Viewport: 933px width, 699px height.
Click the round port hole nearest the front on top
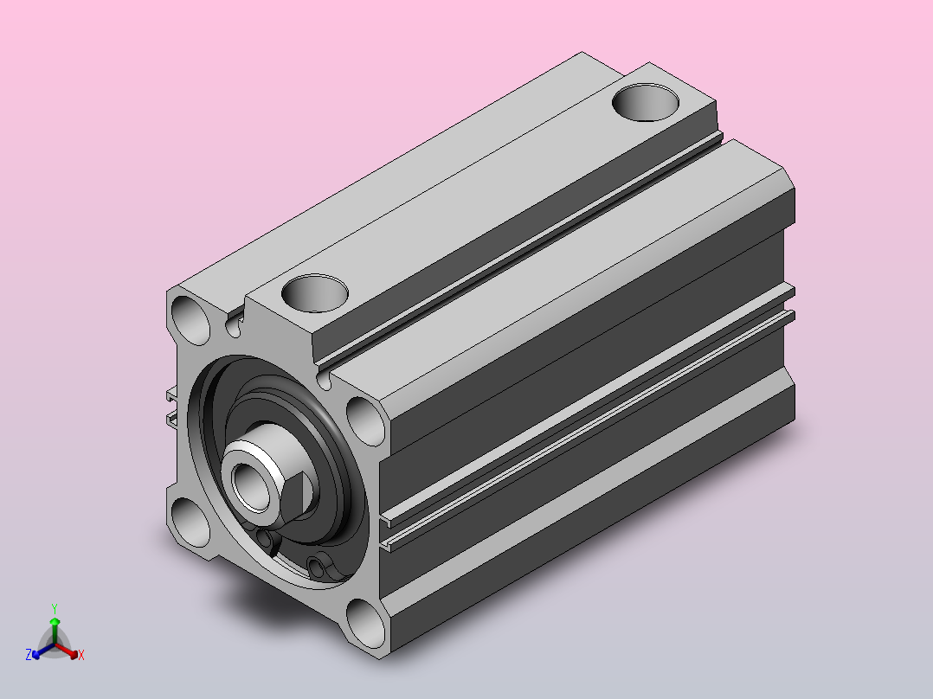pos(315,292)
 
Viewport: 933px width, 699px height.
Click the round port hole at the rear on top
pos(646,102)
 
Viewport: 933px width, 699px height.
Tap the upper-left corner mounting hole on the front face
pos(190,320)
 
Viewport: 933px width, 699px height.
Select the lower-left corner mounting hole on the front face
pos(191,523)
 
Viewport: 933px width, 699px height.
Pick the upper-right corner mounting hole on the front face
pos(365,421)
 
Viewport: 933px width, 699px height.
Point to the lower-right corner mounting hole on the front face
pos(366,624)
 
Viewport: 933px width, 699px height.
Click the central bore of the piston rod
pos(250,486)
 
